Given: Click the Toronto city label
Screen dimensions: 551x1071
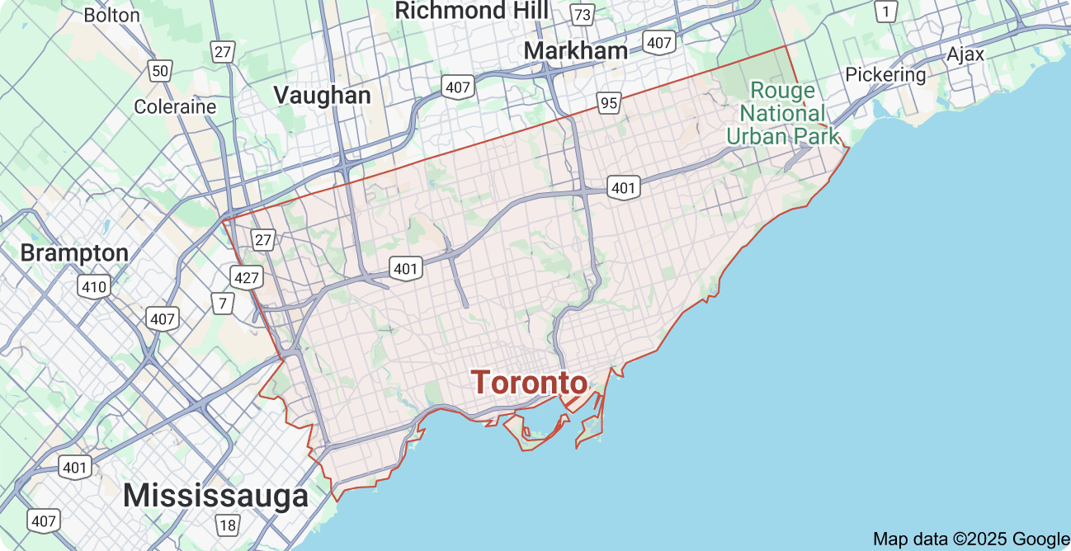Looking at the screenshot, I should [529, 383].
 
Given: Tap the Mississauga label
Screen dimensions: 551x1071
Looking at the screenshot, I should [215, 496].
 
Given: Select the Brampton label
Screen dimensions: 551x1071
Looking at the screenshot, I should [74, 252].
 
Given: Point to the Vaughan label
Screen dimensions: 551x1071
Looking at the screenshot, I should [322, 95].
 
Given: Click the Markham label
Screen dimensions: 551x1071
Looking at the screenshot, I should [575, 50].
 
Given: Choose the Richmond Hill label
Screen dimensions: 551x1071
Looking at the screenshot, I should [471, 11].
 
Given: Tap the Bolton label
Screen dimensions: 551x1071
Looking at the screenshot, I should [112, 15].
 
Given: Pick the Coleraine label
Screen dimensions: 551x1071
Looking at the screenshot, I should [175, 106].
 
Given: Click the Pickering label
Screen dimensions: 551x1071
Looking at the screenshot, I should [885, 74].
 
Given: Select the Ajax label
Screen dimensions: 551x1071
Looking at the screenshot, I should [965, 54].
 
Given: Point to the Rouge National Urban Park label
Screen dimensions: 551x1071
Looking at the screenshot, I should [782, 113].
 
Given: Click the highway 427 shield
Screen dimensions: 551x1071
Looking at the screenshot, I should [246, 276].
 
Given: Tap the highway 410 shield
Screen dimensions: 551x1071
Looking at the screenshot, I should [94, 287].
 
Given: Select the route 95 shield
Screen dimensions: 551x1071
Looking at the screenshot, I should [609, 103].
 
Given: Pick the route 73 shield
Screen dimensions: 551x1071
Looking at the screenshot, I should [583, 15].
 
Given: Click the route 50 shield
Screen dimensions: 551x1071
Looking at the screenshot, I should [160, 70].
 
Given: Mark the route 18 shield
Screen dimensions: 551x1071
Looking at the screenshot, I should [227, 525].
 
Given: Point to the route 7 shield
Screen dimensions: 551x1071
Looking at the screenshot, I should [222, 304].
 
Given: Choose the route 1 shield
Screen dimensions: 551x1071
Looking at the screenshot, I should [886, 12].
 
